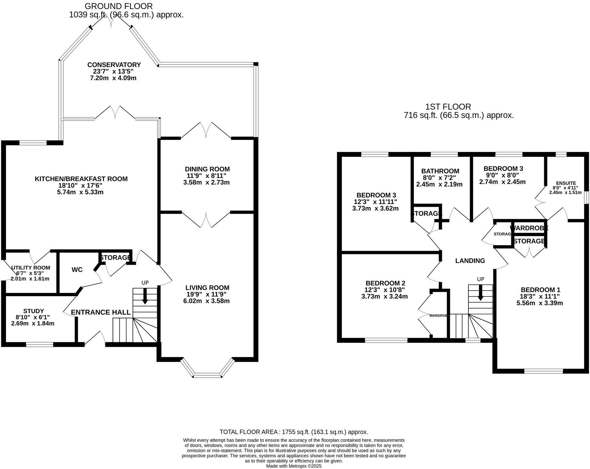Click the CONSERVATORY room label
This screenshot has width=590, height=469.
pyautogui.click(x=114, y=65)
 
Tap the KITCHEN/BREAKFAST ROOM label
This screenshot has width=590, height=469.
pyautogui.click(x=81, y=179)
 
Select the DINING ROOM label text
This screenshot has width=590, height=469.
pyautogui.click(x=207, y=169)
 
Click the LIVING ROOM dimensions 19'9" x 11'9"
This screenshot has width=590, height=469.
pyautogui.click(x=207, y=294)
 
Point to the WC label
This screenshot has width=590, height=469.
pyautogui.click(x=77, y=270)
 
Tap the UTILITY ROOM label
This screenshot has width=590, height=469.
pyautogui.click(x=31, y=268)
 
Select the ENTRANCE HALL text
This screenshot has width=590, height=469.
pyautogui.click(x=101, y=312)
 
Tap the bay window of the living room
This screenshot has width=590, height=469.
pyautogui.click(x=207, y=376)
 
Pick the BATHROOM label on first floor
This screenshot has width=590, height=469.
pyautogui.click(x=440, y=171)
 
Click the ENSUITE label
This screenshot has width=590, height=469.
pyautogui.click(x=566, y=183)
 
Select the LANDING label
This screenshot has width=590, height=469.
pyautogui.click(x=470, y=261)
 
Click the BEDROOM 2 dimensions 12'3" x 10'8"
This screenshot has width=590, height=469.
pyautogui.click(x=384, y=290)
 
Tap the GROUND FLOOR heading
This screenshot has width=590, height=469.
pyautogui.click(x=119, y=6)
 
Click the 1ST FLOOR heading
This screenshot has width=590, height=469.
pyautogui.click(x=448, y=107)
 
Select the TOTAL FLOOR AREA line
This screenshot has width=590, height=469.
pyautogui.click(x=294, y=432)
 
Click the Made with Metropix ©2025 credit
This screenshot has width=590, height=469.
pyautogui.click(x=294, y=466)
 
